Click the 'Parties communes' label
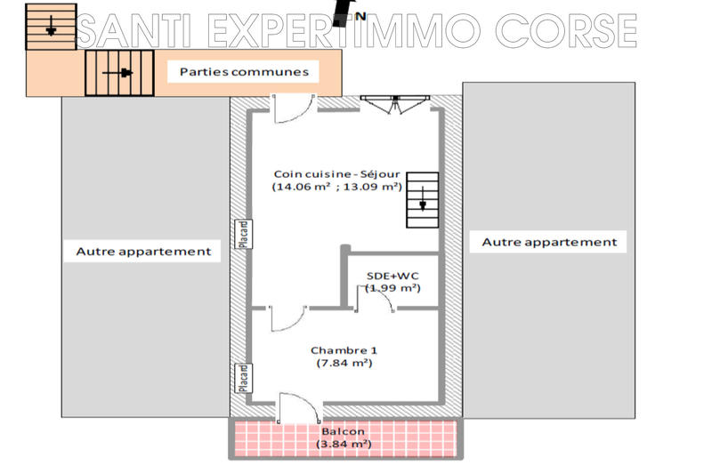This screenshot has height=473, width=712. [x=244, y=71]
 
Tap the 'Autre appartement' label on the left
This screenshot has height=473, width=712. [x=143, y=252]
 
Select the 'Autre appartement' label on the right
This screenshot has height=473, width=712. [x=548, y=242]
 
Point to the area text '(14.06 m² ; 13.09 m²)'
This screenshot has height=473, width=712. [x=337, y=187]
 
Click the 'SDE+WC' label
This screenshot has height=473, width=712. [x=392, y=276]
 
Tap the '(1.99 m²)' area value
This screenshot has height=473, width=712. [x=392, y=288]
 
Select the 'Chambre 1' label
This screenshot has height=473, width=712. [x=343, y=349]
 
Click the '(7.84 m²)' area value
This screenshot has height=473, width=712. [x=343, y=363]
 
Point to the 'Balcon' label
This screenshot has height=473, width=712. [x=343, y=430]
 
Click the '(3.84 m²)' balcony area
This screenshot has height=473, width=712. [x=343, y=444]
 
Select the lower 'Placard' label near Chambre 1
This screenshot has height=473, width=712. [x=241, y=377]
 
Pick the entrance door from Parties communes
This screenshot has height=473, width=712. [x=290, y=108]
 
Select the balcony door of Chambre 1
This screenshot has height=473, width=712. [x=297, y=410]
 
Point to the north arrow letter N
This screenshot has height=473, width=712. [x=360, y=15]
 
